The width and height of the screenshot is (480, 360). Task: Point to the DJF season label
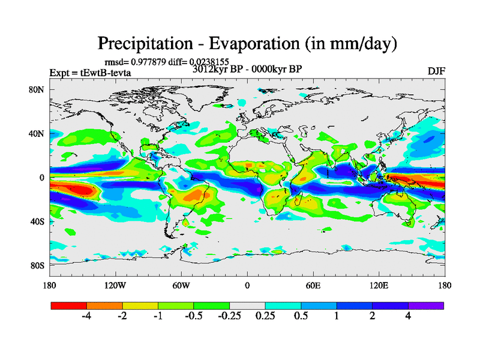[436, 71]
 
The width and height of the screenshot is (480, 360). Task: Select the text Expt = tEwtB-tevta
[91, 73]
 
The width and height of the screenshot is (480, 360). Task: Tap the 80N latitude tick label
[38, 90]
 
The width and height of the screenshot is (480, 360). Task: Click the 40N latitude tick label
[38, 134]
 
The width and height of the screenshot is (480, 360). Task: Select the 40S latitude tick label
[38, 221]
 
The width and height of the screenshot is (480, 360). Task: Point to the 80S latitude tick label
[38, 265]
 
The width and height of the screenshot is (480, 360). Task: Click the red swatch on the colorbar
[69, 305]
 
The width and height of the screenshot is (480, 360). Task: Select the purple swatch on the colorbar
[426, 305]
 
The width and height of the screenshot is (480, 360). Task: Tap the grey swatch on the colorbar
[247, 305]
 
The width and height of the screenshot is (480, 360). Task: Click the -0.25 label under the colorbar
[228, 316]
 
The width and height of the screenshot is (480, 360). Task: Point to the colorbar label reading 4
[409, 316]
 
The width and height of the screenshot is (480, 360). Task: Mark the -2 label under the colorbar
[121, 316]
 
